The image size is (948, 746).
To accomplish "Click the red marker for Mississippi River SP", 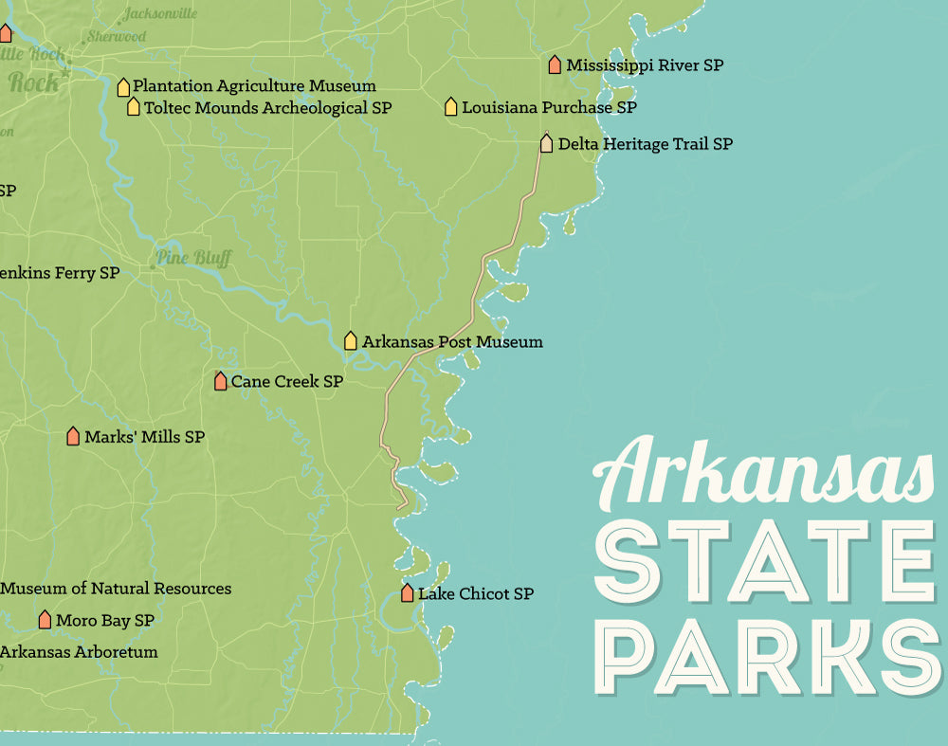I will tap(555, 64).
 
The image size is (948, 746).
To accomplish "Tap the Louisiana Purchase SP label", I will tap(549, 107).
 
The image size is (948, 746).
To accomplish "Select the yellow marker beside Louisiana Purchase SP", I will tap(451, 106).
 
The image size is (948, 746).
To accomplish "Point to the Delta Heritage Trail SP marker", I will tap(546, 143).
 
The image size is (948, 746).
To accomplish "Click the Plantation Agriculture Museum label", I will tap(254, 86).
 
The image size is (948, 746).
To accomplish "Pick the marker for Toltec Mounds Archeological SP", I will tap(134, 107).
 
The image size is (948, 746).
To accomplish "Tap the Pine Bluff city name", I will tap(193, 258).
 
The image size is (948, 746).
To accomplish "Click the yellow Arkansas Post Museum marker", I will tap(351, 340).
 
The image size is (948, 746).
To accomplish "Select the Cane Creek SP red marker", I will tap(220, 381).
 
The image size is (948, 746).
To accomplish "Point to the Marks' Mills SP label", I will tap(144, 437).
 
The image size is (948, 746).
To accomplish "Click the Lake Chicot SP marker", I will tap(407, 593).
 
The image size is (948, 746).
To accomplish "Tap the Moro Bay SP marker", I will tap(45, 620).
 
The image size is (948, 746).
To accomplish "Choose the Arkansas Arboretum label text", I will tap(79, 652).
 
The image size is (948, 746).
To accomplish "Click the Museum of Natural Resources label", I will tap(116, 589).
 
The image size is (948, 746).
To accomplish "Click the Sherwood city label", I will tap(117, 37).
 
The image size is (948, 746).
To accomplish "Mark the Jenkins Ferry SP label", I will tap(60, 273).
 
